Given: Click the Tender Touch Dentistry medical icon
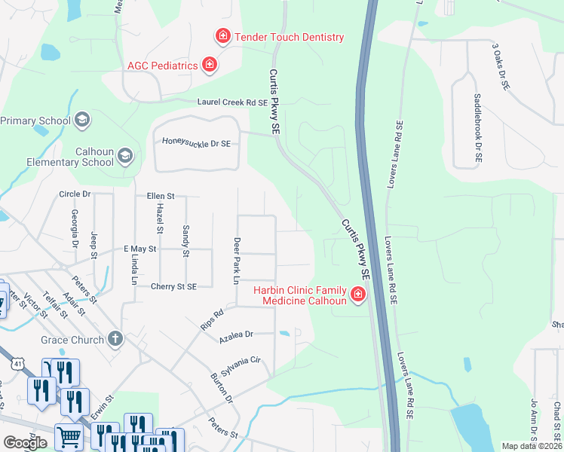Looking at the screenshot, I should (222, 36).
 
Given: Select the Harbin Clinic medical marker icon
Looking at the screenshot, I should (358, 295).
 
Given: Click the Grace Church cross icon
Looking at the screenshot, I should (115, 340).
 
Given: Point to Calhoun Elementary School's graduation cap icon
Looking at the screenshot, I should (124, 157).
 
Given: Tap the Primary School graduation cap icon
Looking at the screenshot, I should (82, 120).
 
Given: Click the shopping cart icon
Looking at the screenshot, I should (69, 436).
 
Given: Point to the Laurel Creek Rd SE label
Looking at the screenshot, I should (232, 102).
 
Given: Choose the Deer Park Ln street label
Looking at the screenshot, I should (236, 261).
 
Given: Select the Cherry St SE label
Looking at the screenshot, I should (173, 286).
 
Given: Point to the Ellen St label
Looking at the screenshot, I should (161, 196).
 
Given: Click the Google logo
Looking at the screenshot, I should (26, 443).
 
